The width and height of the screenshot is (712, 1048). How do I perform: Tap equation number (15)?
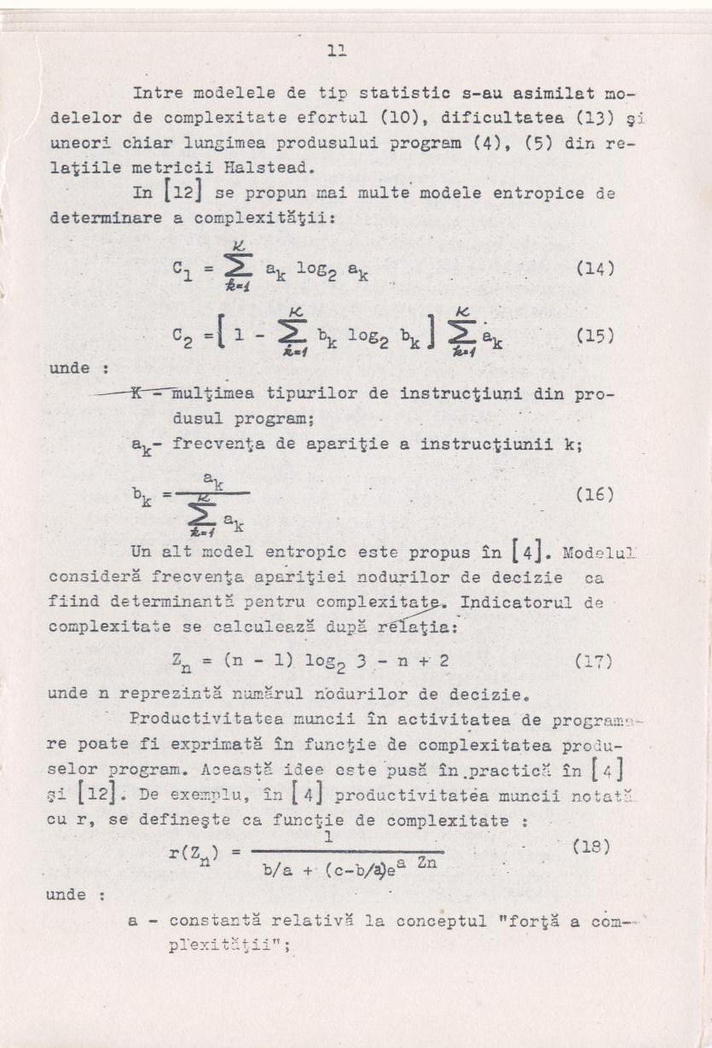tap(595, 335)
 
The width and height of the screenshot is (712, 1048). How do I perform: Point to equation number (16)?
tap(595, 493)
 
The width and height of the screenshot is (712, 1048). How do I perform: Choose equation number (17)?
tap(595, 660)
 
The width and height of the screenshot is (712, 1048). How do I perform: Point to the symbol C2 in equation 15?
tap(182, 338)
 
